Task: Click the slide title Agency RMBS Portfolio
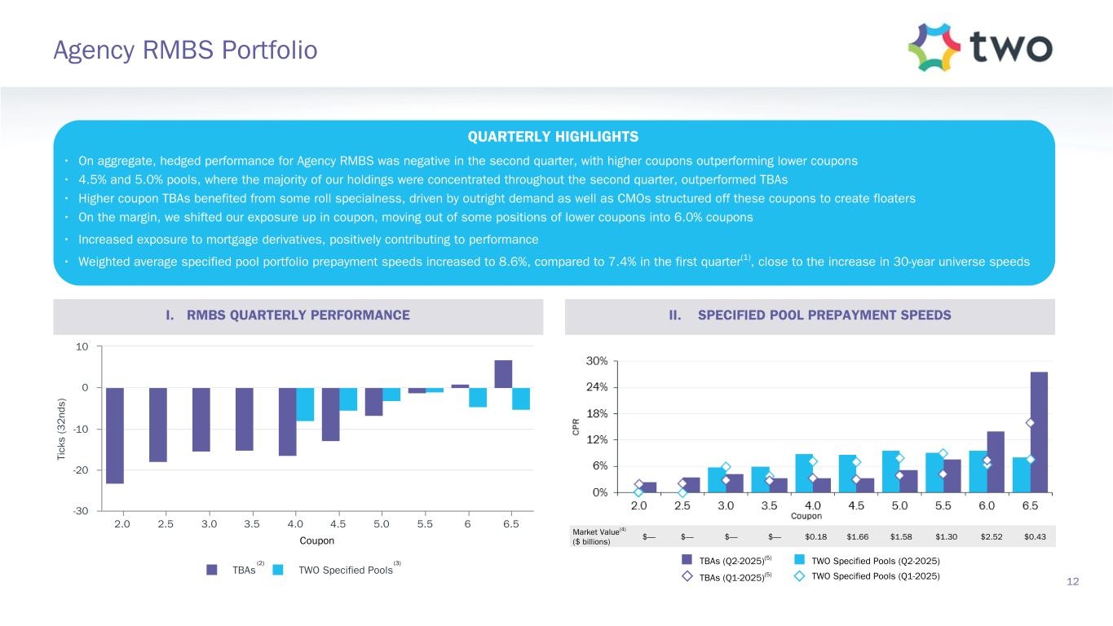click(x=185, y=51)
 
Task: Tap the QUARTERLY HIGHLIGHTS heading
click(x=556, y=136)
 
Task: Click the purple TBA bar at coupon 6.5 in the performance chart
click(x=503, y=374)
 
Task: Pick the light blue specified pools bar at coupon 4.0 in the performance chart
click(x=305, y=404)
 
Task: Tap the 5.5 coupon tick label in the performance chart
click(x=424, y=524)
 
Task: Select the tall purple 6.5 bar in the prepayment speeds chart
click(x=1039, y=432)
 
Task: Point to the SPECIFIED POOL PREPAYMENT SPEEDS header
click(x=810, y=315)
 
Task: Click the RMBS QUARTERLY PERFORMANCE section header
click(x=298, y=315)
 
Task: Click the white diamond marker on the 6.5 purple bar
click(x=1030, y=422)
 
